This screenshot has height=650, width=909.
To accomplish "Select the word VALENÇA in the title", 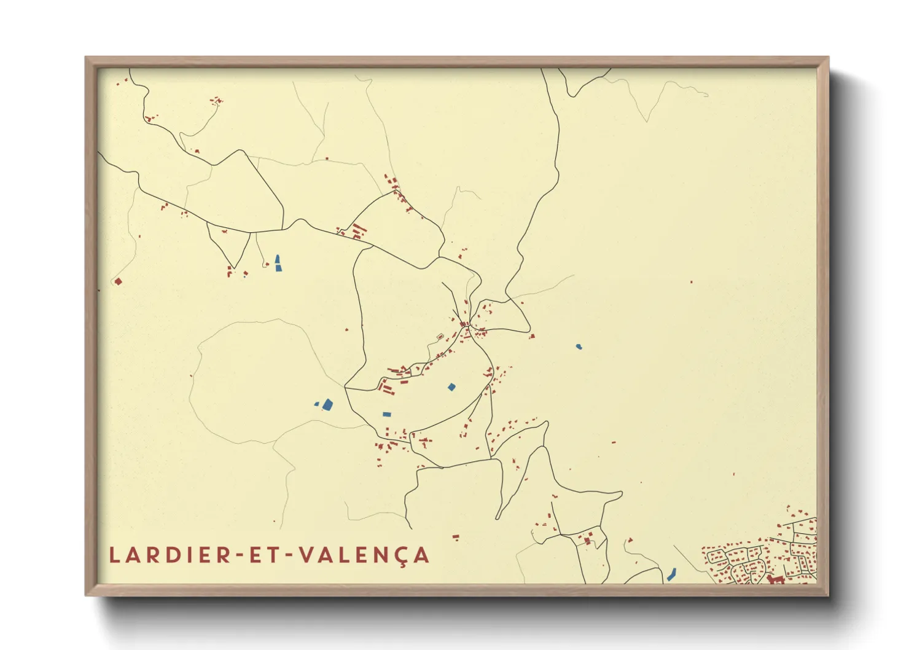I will pyautogui.click(x=364, y=555).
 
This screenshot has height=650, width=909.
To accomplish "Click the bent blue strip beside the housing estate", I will pyautogui.click(x=671, y=574).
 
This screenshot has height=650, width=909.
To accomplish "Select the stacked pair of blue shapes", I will pyautogui.click(x=278, y=264).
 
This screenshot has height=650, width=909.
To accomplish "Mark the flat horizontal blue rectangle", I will pyautogui.click(x=387, y=415).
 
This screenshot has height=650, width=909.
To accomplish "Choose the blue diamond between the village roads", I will pyautogui.click(x=451, y=387).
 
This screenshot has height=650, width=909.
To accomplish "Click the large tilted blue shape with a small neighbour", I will pyautogui.click(x=327, y=404).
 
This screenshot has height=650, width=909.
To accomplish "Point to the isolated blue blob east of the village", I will pyautogui.click(x=579, y=347).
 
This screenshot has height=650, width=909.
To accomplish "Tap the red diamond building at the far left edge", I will pyautogui.click(x=118, y=281).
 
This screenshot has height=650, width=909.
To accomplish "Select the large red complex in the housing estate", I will pyautogui.click(x=775, y=579).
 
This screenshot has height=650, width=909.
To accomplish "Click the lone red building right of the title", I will pyautogui.click(x=456, y=537).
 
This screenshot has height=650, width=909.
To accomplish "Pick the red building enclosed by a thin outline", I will pyautogui.click(x=440, y=336).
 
